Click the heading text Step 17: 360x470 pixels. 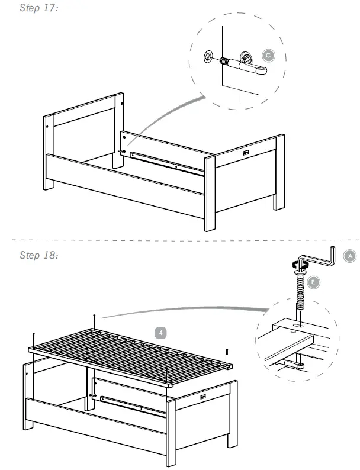tap(38, 10)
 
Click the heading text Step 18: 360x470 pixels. tap(38, 255)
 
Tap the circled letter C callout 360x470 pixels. tap(268, 56)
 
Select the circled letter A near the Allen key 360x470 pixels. tap(350, 256)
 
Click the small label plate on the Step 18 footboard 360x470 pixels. tap(204, 397)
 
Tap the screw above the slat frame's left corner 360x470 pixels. tap(34, 338)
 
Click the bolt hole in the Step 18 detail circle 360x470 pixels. tap(295, 325)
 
